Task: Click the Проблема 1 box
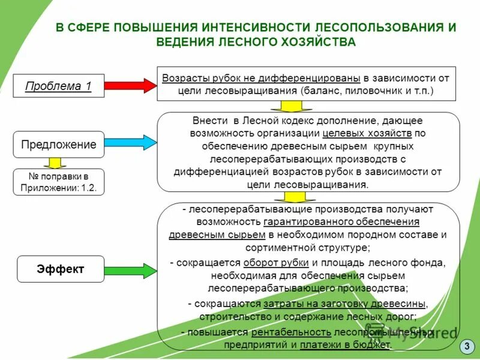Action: click(x=58, y=86)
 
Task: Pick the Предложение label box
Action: click(x=58, y=145)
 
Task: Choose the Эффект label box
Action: click(x=60, y=269)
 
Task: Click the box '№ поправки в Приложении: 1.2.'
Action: click(x=58, y=182)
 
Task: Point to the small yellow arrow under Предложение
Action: click(x=55, y=163)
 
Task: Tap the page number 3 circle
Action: click(x=467, y=346)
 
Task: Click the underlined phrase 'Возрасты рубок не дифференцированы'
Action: click(x=261, y=78)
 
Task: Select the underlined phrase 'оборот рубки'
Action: click(x=276, y=263)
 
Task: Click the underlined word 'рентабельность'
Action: click(x=292, y=331)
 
